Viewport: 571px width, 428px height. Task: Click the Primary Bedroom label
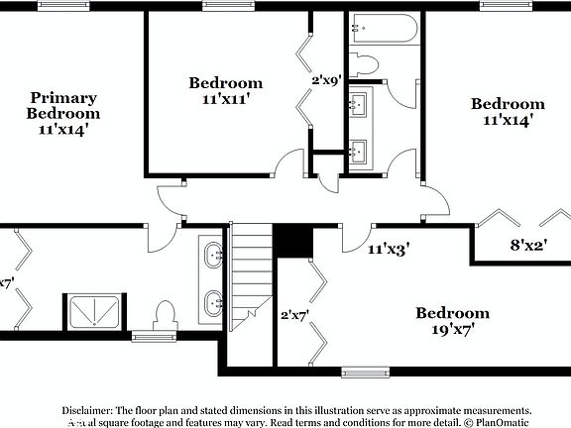63,105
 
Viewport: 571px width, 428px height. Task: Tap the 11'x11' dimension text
226,99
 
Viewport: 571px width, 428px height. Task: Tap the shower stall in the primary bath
93,310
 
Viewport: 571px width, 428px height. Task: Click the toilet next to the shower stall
166,316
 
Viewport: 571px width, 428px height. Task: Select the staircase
252,276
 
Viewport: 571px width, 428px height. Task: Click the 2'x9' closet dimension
327,80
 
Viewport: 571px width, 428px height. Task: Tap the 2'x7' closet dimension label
295,315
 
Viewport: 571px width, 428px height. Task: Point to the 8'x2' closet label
529,244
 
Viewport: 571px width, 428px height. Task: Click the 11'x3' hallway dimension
389,252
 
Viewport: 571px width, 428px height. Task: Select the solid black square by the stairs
292,240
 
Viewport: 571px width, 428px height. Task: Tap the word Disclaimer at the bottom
88,409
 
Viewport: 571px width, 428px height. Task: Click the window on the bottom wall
367,373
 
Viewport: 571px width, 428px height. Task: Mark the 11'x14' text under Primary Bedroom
63,128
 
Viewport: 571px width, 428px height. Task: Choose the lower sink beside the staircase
214,301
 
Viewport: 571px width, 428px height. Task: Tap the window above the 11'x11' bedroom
227,5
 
